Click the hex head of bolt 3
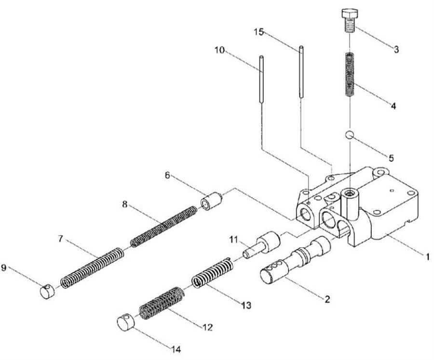[350, 13]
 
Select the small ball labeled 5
[349, 135]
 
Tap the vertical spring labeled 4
[350, 74]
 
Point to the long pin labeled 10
[261, 80]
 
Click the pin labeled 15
[301, 72]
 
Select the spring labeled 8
[163, 227]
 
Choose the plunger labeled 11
[262, 243]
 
